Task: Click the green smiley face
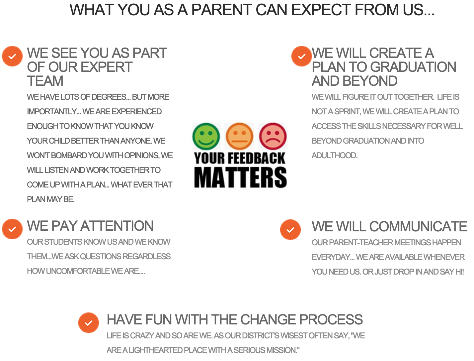(206, 136)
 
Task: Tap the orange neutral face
(239, 136)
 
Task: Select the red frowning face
(273, 136)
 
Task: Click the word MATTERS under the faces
(240, 178)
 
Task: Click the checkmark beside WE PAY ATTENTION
(12, 229)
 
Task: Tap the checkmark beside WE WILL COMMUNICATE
(290, 230)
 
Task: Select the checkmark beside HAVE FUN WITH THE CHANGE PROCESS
(89, 323)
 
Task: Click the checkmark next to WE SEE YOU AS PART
(12, 56)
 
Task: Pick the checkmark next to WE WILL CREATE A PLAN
(301, 56)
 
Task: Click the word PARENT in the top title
(221, 10)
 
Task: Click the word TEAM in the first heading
(45, 81)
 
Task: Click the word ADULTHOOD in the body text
(335, 156)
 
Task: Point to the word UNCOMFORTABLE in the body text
(78, 271)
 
